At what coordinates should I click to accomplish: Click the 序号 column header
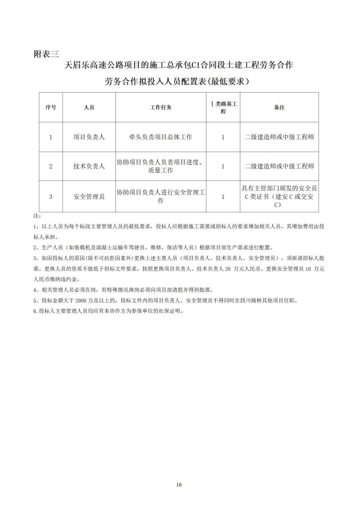tap(50, 107)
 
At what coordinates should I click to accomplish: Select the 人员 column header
tap(89, 107)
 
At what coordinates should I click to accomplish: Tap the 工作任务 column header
tap(161, 107)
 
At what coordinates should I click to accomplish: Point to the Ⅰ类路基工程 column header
tap(223, 107)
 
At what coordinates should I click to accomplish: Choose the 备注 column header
tap(279, 107)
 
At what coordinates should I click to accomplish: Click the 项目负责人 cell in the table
tap(89, 137)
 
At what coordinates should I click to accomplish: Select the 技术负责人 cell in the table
tap(89, 166)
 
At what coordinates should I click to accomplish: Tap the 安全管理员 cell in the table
tap(89, 197)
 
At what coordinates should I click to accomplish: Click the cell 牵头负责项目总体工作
tap(161, 137)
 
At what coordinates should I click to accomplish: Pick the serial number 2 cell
tap(50, 166)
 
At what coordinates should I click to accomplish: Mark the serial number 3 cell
tap(50, 197)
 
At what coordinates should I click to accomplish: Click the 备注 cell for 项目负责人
tap(279, 137)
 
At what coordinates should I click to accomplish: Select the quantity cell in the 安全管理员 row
tap(223, 197)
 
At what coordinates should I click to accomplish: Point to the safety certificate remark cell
tap(279, 197)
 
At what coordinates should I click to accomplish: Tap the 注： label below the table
tap(37, 216)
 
